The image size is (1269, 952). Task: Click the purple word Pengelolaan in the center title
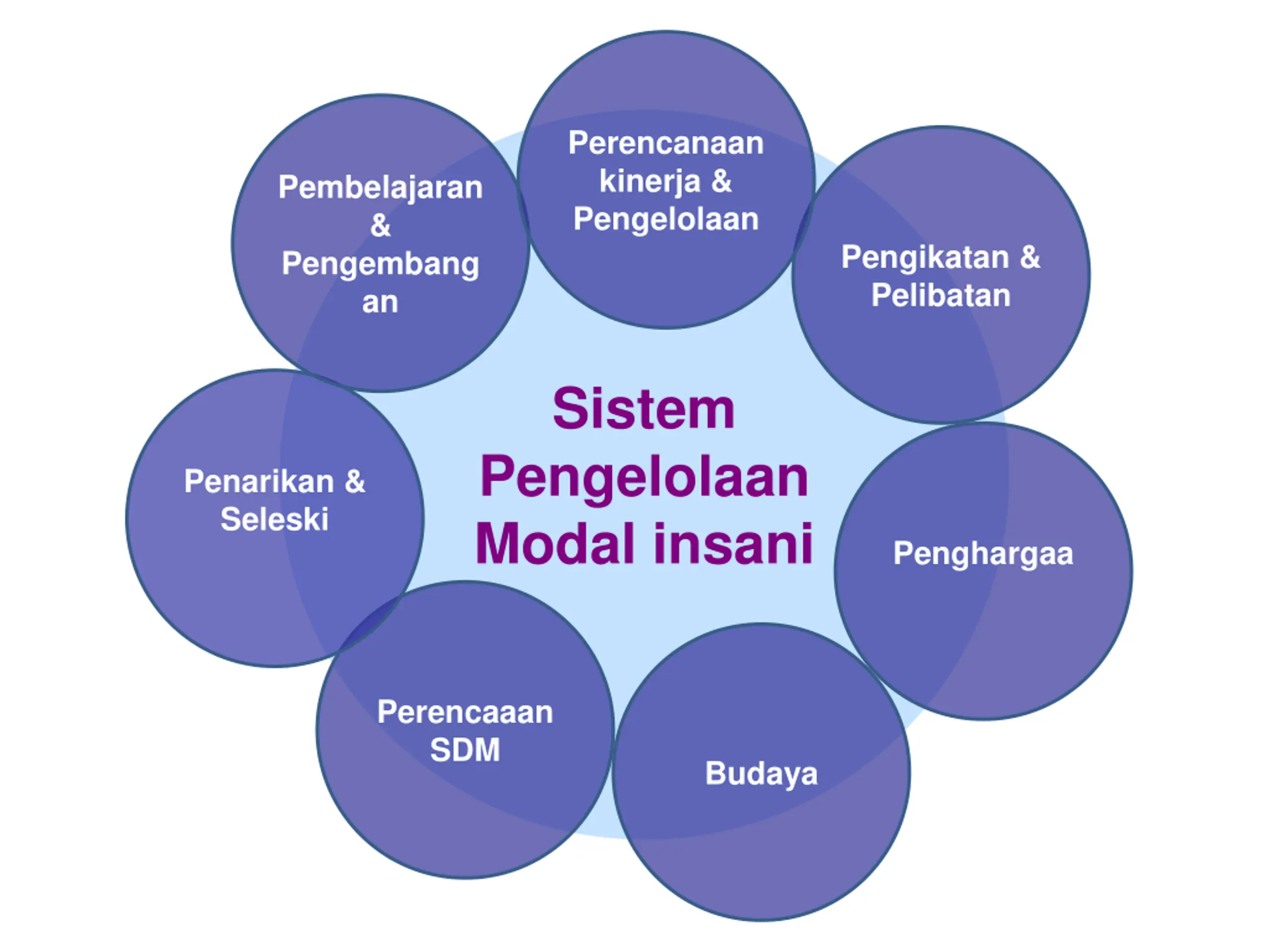tap(644, 477)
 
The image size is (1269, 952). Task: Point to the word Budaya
tap(761, 773)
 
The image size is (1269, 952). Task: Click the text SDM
tap(464, 750)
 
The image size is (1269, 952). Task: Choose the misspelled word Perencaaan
tap(464, 712)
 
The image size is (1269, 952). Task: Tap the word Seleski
tap(274, 519)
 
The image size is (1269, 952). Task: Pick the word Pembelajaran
tap(380, 187)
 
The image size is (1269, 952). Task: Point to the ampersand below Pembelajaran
tap(380, 226)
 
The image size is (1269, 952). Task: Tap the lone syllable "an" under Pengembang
tap(380, 302)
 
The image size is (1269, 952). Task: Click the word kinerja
tap(649, 181)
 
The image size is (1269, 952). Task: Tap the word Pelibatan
tap(941, 296)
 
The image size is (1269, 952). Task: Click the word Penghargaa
tap(982, 554)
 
